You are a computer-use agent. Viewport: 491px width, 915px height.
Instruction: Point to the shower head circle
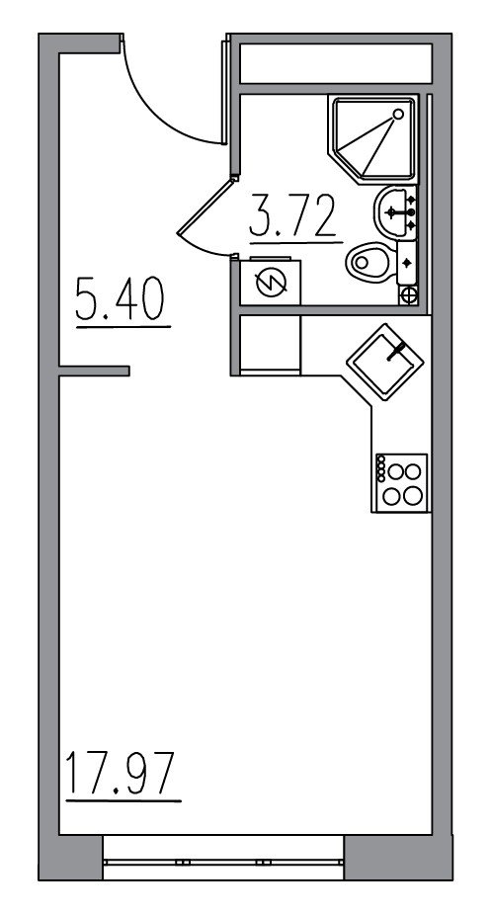(399, 114)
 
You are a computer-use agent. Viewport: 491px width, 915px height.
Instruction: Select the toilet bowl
(369, 263)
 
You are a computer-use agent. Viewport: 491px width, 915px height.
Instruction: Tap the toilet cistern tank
(406, 263)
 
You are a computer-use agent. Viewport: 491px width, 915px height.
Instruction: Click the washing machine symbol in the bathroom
(269, 285)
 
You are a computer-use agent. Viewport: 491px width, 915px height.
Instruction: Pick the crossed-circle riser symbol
(409, 293)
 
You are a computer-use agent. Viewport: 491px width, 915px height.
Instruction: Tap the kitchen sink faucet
(397, 349)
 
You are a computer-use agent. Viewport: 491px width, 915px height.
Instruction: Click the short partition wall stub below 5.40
(94, 371)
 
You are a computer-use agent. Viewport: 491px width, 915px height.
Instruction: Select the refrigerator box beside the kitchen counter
(270, 343)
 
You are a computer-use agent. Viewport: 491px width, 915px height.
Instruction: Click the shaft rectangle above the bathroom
(336, 64)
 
